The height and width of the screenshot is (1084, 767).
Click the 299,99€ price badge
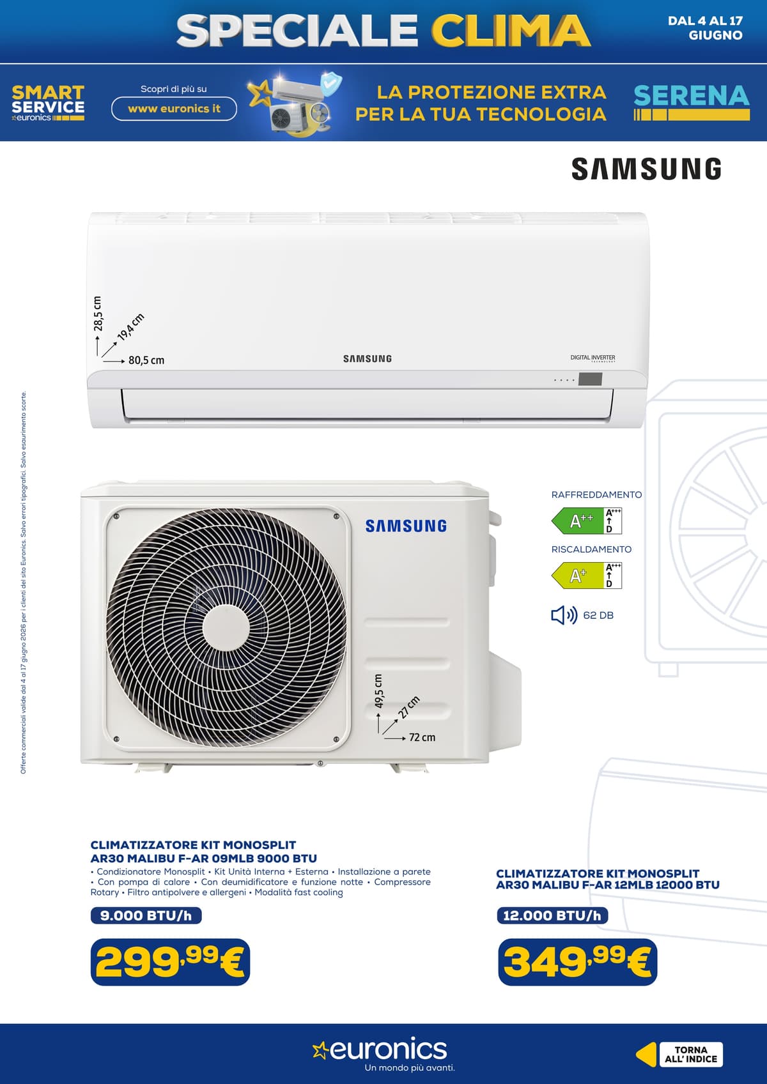(170, 961)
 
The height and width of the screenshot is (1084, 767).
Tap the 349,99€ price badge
(578, 961)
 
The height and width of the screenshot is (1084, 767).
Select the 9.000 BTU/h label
(146, 915)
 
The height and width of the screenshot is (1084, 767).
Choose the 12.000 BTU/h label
(552, 915)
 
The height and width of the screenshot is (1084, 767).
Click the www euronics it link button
(174, 109)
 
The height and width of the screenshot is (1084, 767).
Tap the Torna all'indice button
(690, 1055)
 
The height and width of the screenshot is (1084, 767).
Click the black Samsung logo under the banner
(646, 169)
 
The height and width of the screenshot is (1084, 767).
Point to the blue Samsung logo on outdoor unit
(406, 526)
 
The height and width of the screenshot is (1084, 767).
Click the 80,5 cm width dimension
(146, 360)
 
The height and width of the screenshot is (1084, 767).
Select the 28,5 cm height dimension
(98, 314)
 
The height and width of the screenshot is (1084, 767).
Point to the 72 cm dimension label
(422, 738)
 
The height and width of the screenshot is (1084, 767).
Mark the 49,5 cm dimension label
(378, 691)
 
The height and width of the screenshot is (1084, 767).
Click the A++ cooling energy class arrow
(578, 521)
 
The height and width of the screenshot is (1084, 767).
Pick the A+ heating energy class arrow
(578, 576)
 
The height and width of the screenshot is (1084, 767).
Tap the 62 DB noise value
(598, 615)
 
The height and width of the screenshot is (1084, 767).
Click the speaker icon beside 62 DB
(564, 615)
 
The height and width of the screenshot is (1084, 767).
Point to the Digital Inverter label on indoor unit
(593, 358)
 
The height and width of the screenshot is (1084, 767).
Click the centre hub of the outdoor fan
(226, 629)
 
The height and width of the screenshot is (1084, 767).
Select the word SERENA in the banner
(692, 96)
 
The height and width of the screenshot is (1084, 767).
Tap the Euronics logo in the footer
(380, 1049)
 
